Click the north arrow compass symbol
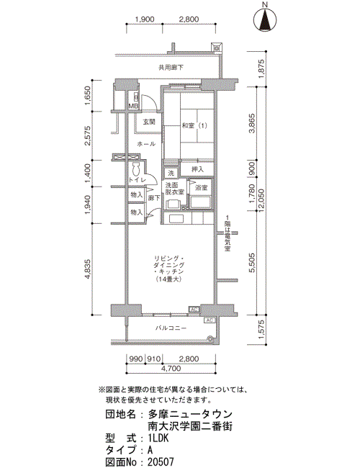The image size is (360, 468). pyautogui.click(x=264, y=20)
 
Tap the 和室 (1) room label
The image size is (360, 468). pyautogui.click(x=194, y=126)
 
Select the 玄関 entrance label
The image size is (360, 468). pyautogui.click(x=148, y=122)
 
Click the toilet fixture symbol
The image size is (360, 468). pyautogui.click(x=137, y=170)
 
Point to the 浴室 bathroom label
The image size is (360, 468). pyautogui.click(x=201, y=188)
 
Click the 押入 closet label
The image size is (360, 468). pyautogui.click(x=197, y=169)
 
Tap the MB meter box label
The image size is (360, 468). pyautogui.click(x=132, y=106)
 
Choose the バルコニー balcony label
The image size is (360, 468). pyautogui.click(x=171, y=328)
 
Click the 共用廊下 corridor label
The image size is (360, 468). pyautogui.click(x=171, y=68)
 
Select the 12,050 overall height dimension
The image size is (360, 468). pyautogui.click(x=262, y=201)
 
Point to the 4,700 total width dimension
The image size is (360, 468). pyautogui.click(x=171, y=369)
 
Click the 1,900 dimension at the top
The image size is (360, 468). pyautogui.click(x=145, y=19)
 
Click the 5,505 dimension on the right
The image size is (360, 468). pyautogui.click(x=252, y=263)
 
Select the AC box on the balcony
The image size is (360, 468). pyautogui.click(x=210, y=320)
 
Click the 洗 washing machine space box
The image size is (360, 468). pyautogui.click(x=171, y=173)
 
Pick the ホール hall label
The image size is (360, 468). pyautogui.click(x=146, y=144)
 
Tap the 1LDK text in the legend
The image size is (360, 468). pyautogui.click(x=158, y=438)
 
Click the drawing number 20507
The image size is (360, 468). pyautogui.click(x=161, y=462)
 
